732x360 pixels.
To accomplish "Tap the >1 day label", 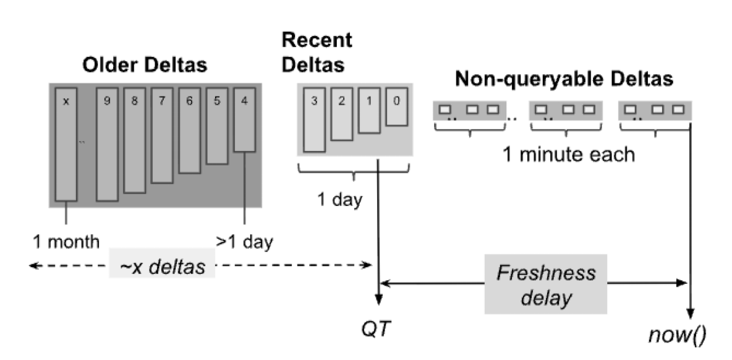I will (x=244, y=241).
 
